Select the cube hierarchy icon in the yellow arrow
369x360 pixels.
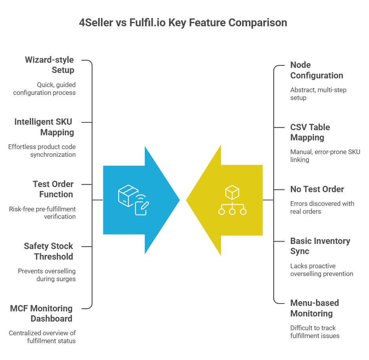click(232, 200)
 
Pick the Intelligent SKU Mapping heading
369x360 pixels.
click(44, 127)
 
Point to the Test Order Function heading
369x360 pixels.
click(53, 189)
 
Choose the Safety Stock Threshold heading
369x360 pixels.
click(48, 251)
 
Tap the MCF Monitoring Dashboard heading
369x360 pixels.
click(41, 313)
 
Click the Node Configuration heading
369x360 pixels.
click(316, 70)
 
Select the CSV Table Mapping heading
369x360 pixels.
click(310, 132)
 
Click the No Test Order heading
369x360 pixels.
click(317, 189)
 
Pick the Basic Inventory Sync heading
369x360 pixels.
click(320, 246)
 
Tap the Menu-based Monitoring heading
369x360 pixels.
click(314, 308)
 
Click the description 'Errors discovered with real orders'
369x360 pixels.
click(322, 207)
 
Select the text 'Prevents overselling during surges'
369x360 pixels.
click(47, 275)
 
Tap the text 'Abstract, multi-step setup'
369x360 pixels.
click(318, 94)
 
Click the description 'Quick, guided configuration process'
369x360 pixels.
click(44, 89)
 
